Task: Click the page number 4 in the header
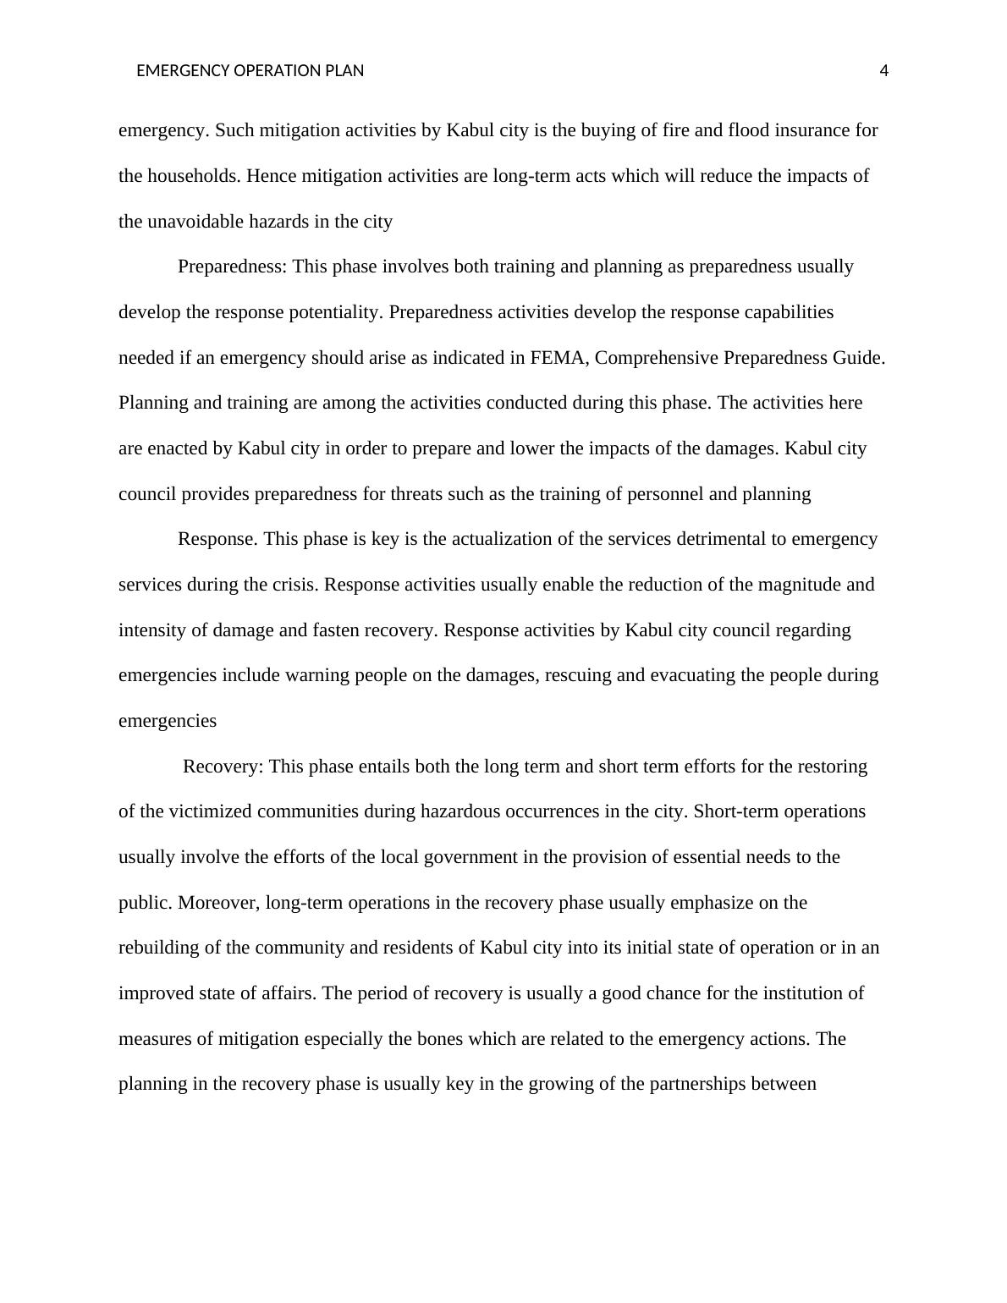pos(884,71)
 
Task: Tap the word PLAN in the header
pos(347,71)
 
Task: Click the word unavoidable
pos(200,222)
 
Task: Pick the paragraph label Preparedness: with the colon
pos(233,267)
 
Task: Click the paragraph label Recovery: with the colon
pos(223,767)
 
